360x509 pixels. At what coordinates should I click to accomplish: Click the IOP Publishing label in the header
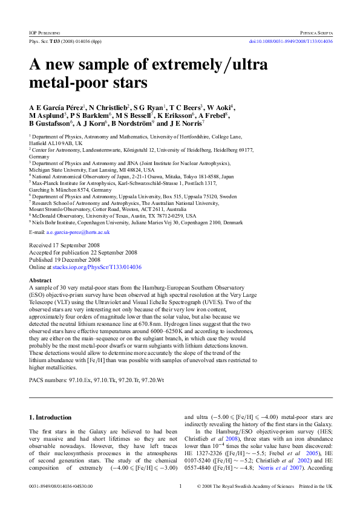pos(44,31)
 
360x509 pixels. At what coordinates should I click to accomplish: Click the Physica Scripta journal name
pos(316,31)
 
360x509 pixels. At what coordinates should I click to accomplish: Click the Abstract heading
pos(41,280)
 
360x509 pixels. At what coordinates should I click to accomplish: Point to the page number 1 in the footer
pos(180,486)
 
